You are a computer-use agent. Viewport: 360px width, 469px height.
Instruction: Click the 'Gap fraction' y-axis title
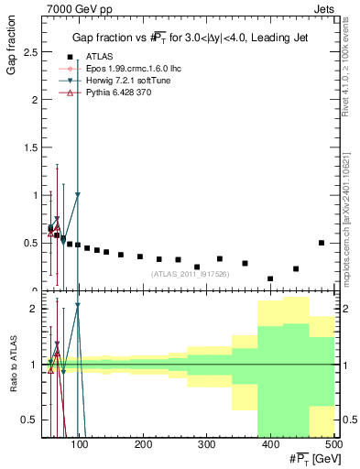click(13, 50)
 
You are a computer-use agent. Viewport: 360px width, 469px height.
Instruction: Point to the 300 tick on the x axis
click(206, 445)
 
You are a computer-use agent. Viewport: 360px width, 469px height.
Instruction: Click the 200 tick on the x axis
click(143, 445)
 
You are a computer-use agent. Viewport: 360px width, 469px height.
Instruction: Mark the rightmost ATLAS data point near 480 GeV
click(322, 243)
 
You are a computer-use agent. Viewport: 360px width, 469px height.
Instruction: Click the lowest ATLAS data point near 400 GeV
click(270, 278)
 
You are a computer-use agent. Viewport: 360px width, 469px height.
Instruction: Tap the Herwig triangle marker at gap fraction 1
click(78, 194)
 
